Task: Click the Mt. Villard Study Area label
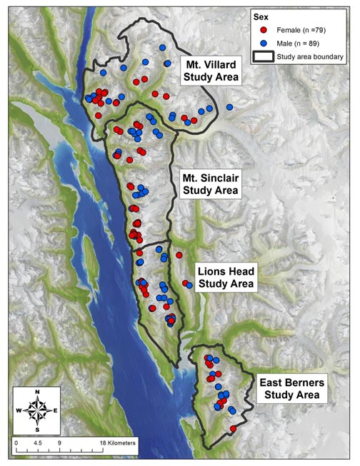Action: [x=210, y=69]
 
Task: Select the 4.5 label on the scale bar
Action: [x=38, y=442]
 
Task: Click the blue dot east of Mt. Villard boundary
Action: [x=229, y=107]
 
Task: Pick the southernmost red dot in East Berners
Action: [x=234, y=428]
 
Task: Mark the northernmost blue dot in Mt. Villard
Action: [x=162, y=47]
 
